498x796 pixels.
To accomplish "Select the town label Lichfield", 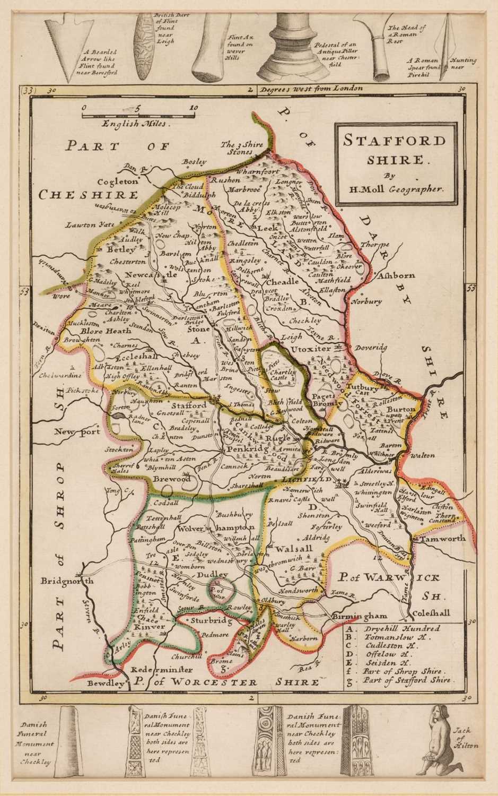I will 305,480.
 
